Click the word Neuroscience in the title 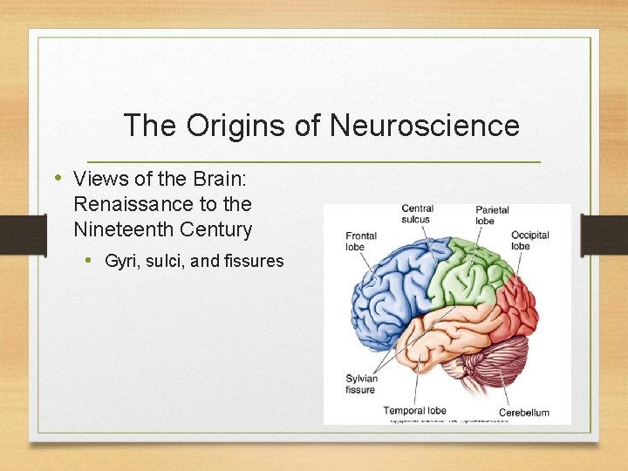coord(424,126)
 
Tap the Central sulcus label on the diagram coord(417,214)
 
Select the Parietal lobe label coord(492,215)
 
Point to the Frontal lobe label coord(361,241)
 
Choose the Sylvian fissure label coord(360,384)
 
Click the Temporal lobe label coord(415,410)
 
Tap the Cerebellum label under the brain coord(524,412)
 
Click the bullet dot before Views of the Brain coord(58,178)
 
